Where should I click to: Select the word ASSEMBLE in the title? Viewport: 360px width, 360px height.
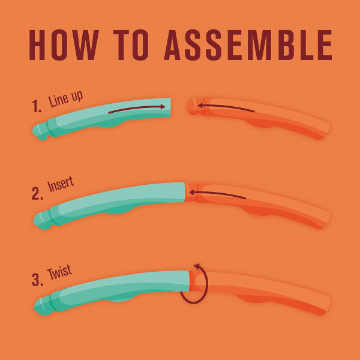tap(248, 45)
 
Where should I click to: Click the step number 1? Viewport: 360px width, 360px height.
tap(36, 106)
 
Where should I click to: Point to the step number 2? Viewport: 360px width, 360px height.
tap(37, 193)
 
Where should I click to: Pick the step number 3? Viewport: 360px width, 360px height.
tap(37, 280)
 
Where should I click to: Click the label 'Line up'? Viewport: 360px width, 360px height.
tap(65, 99)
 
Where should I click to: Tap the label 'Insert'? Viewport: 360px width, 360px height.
tap(61, 184)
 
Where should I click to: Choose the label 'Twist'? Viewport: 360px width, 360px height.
tap(59, 272)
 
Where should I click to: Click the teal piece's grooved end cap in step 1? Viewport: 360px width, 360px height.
tap(41, 131)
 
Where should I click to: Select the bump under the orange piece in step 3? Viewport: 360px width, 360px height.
tap(253, 298)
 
